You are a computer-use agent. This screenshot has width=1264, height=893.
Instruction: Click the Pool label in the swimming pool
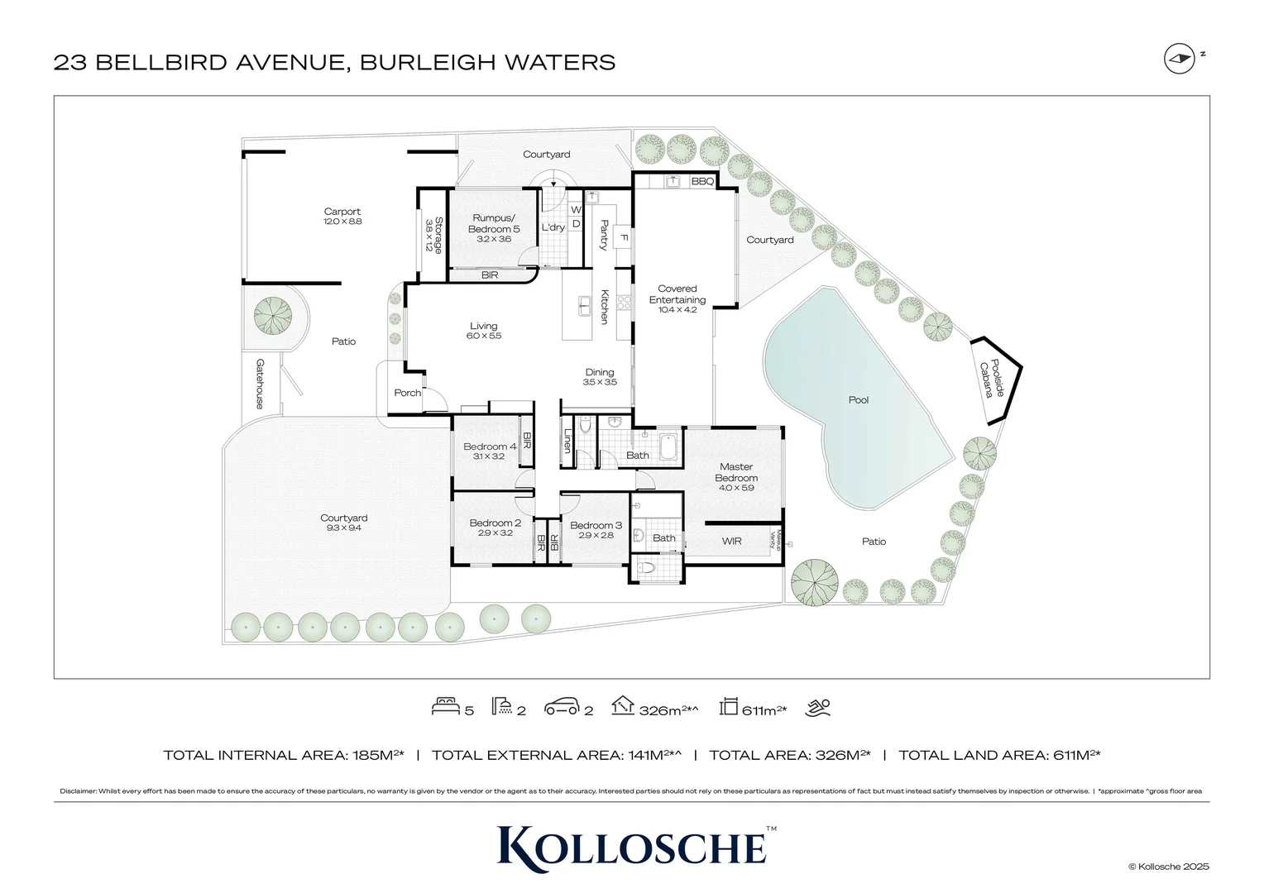point(859,400)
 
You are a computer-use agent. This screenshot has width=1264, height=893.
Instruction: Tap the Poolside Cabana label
point(991,379)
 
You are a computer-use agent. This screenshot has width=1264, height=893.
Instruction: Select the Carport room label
point(342,212)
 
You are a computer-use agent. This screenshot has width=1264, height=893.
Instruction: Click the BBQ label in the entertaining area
point(702,181)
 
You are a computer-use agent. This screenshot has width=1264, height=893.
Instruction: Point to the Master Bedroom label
point(736,472)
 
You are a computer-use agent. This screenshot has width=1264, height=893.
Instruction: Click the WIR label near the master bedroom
point(731,542)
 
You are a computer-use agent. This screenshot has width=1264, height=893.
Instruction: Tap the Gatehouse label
point(260,384)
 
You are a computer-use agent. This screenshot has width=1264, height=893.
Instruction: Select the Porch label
point(407,393)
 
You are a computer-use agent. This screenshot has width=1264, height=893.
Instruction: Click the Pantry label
point(604,235)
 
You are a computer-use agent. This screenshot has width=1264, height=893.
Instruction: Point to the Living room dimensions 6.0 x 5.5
point(484,337)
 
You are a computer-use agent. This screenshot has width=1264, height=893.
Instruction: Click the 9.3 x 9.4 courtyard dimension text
point(343,528)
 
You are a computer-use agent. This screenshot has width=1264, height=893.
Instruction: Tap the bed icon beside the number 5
point(445,707)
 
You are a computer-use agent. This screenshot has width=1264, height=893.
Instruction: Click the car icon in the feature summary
point(561,708)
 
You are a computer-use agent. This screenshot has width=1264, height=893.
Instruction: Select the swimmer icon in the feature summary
point(817,707)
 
